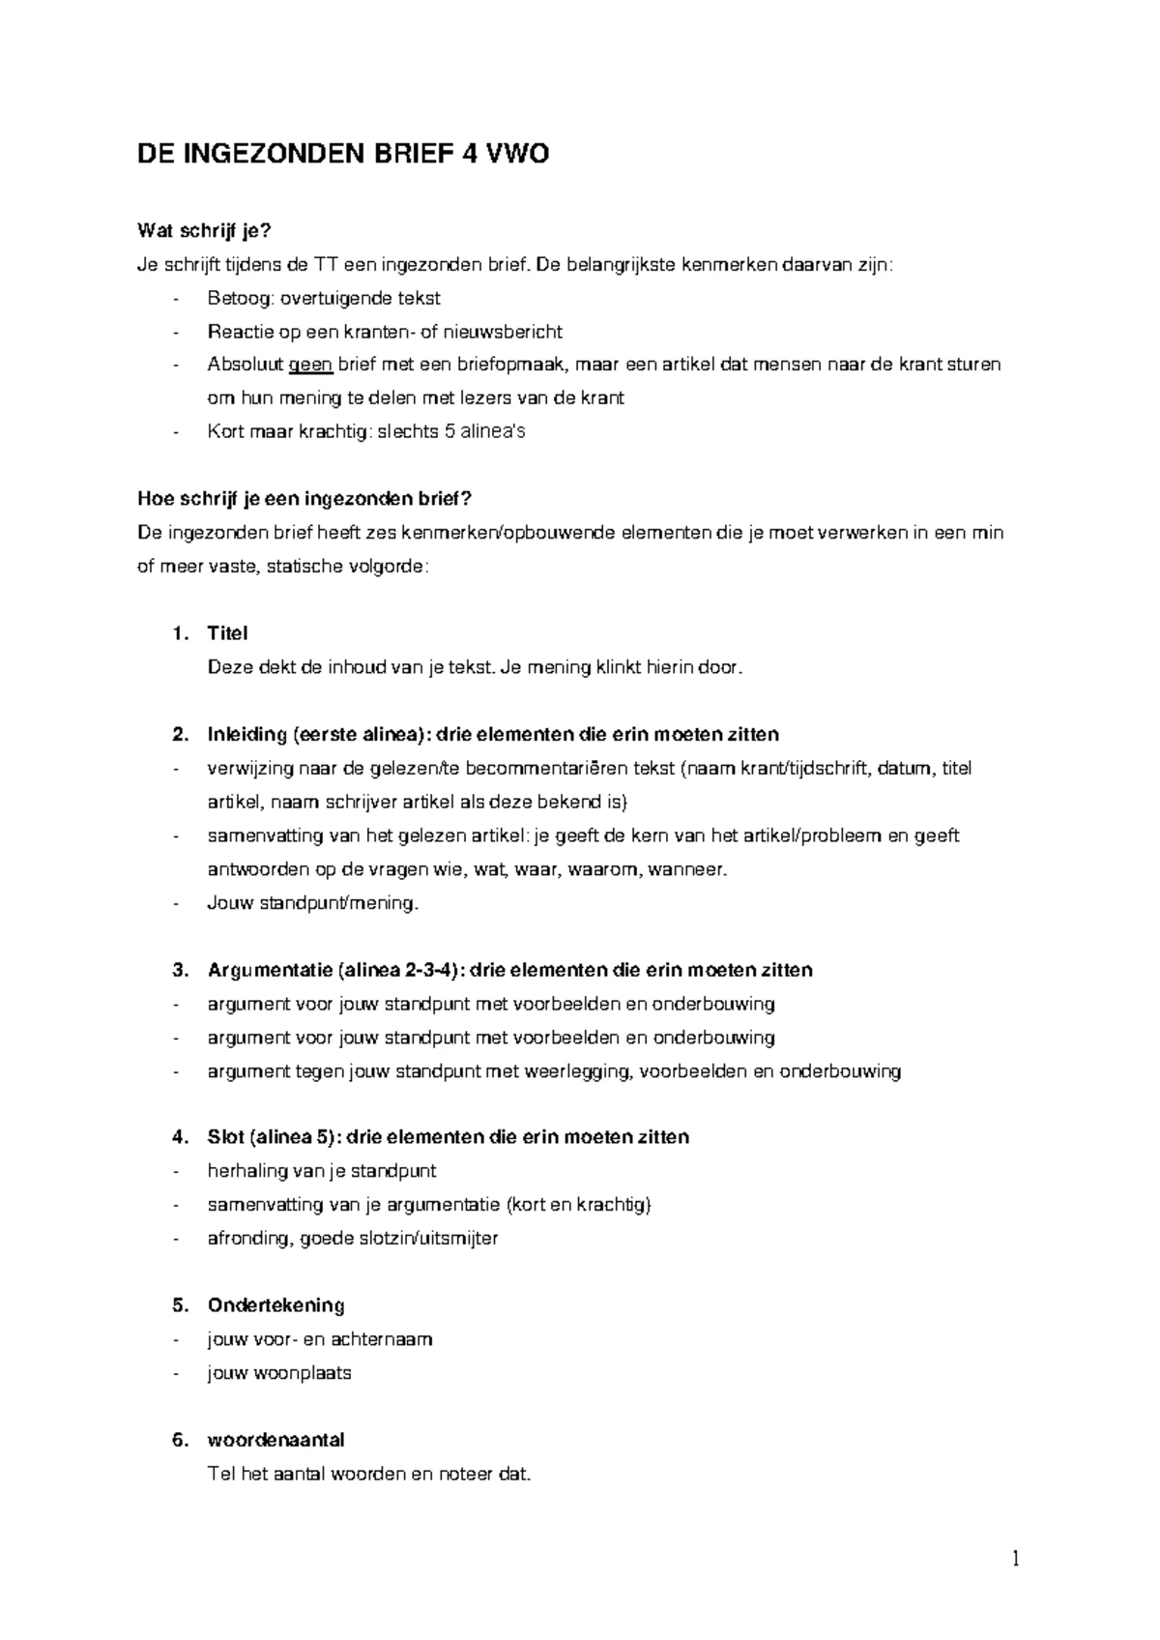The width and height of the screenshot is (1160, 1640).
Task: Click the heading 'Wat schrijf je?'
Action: click(204, 231)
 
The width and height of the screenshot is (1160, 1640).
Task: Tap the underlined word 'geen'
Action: click(310, 365)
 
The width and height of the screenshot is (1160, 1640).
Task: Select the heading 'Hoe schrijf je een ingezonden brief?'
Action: click(304, 499)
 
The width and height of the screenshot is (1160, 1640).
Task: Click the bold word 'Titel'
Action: click(227, 633)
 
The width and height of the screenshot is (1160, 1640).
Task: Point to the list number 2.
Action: click(179, 734)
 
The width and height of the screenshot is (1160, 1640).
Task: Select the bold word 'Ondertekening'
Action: click(275, 1305)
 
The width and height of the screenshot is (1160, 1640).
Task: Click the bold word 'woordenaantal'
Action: click(275, 1440)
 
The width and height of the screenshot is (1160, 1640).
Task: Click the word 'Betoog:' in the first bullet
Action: click(239, 298)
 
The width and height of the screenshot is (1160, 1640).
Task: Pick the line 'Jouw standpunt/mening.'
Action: click(313, 903)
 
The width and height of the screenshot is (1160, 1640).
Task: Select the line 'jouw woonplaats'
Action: click(278, 1373)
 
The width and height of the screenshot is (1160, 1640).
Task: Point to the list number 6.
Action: click(179, 1440)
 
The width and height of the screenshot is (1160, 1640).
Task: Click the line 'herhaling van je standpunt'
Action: click(321, 1172)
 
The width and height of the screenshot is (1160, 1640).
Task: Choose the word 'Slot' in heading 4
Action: click(224, 1137)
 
